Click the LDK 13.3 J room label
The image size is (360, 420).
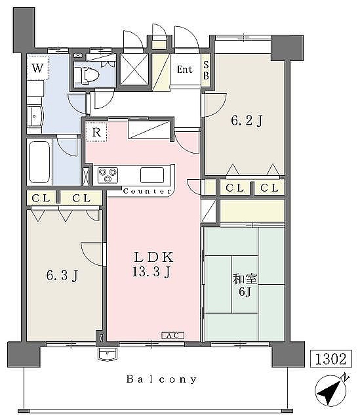[x=153, y=264]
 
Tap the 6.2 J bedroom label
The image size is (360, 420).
[x=247, y=121]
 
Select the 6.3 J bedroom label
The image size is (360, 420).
[x=62, y=276]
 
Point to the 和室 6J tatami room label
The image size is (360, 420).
[x=245, y=285]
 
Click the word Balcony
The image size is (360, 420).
[x=161, y=379]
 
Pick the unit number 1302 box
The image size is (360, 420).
[x=331, y=359]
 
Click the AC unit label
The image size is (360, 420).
[x=173, y=335]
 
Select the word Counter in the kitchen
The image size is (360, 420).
[x=147, y=191]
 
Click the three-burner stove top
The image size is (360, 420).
[x=108, y=175]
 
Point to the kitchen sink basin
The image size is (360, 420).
[x=152, y=175]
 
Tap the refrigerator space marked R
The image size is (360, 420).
[x=96, y=132]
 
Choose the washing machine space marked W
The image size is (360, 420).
[x=37, y=68]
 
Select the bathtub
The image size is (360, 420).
[x=39, y=162]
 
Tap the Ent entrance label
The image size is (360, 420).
[x=185, y=70]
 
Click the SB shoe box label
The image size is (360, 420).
[x=206, y=70]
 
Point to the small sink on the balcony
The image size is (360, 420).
[x=108, y=354]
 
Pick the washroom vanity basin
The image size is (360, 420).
[x=35, y=117]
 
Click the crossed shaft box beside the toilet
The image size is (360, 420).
[x=134, y=70]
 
